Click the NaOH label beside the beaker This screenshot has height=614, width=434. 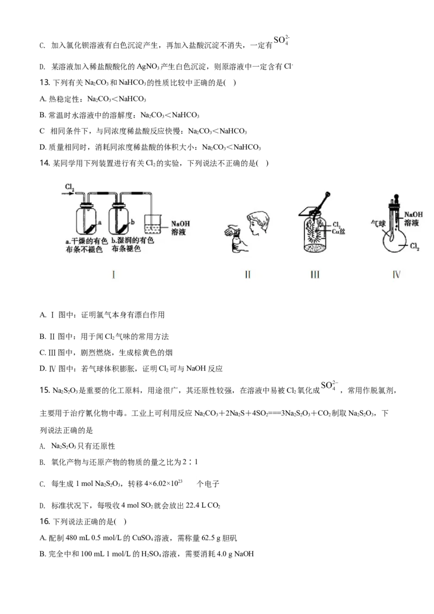(x=181, y=223)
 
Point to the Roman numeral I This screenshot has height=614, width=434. (x=113, y=274)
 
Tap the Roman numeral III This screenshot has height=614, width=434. (x=315, y=274)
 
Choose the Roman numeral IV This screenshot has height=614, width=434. (x=396, y=274)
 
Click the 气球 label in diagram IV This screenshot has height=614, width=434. (x=378, y=222)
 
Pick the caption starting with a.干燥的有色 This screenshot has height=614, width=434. (x=82, y=245)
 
